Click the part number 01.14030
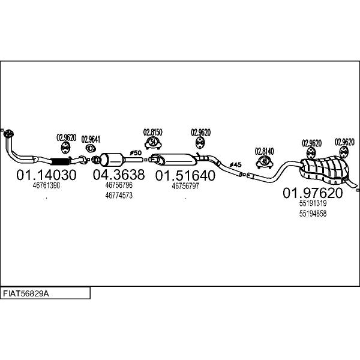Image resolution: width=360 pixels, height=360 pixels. coord(46,175)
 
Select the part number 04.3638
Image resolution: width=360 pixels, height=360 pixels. coord(119,175)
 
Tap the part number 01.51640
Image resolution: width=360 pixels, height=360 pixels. coord(185,176)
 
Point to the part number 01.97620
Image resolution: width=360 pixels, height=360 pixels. coord(313,193)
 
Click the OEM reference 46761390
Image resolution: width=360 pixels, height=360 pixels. coord(46,185)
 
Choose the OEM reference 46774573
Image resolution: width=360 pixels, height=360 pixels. coord(119,196)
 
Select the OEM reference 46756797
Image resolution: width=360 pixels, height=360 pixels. coord(185,186)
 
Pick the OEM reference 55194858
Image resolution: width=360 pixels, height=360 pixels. coord(313,214)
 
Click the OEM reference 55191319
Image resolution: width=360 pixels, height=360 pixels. coord(313,203)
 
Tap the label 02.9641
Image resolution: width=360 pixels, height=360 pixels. coord(91,139)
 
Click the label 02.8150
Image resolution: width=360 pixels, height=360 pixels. coord(152,132)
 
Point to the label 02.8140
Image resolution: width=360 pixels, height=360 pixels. coord(264,152)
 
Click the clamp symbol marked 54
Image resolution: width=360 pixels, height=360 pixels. coord(153,143)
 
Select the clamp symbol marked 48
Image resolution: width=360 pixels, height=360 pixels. coord(265,162)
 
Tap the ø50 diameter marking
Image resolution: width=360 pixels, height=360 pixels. coord(136,153)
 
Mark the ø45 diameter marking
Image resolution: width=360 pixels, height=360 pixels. coord(235,164)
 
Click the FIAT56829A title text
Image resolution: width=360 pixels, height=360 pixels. coord(26,293)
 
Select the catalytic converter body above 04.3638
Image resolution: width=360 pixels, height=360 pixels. coord(112,160)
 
